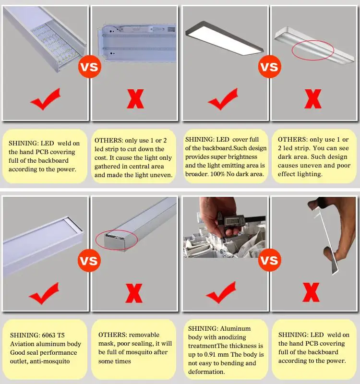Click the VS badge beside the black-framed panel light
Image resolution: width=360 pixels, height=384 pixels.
tap(269, 67)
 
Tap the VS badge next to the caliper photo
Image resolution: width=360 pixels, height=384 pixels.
tap(269, 260)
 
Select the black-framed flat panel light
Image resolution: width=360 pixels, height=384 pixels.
tap(224, 37)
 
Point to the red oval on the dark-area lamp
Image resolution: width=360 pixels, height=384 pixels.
tap(313, 50)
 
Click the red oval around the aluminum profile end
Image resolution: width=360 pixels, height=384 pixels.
tap(117, 240)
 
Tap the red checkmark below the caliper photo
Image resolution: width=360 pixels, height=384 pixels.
tap(221, 292)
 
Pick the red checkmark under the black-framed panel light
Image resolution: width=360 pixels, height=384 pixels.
tap(223, 99)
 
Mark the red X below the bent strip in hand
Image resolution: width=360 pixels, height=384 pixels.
tap(311, 292)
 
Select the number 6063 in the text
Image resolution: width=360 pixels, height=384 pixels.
tap(49, 335)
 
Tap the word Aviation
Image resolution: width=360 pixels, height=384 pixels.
tap(22, 344)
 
